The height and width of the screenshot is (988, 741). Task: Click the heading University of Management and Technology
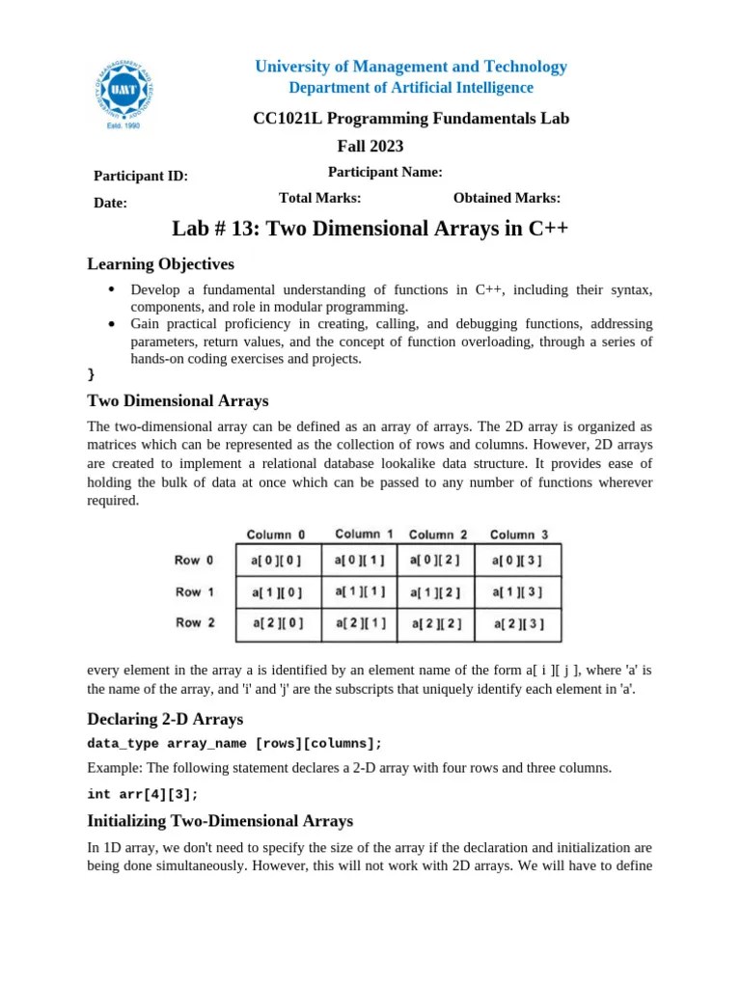(410, 67)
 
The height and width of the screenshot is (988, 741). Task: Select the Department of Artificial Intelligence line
(410, 88)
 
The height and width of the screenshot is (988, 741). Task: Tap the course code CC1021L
(283, 119)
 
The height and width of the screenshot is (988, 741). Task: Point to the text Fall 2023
(370, 147)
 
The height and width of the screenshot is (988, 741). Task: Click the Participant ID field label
(140, 176)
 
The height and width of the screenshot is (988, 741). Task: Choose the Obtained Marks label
(507, 198)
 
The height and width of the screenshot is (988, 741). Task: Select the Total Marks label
(319, 198)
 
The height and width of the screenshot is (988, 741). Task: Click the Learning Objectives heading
(160, 264)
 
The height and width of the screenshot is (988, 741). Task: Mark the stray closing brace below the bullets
(91, 373)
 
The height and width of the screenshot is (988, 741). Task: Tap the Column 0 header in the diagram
(276, 535)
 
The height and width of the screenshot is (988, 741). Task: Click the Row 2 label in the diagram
(195, 622)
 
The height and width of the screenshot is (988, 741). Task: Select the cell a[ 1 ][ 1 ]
(361, 590)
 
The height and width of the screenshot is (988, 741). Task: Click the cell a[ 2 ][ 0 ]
(277, 623)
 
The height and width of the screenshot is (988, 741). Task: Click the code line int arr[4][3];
(142, 794)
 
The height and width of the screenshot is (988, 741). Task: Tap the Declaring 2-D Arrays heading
(165, 719)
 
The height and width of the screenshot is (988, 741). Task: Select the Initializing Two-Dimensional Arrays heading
(220, 821)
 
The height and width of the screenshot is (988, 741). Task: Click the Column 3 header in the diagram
(519, 535)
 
